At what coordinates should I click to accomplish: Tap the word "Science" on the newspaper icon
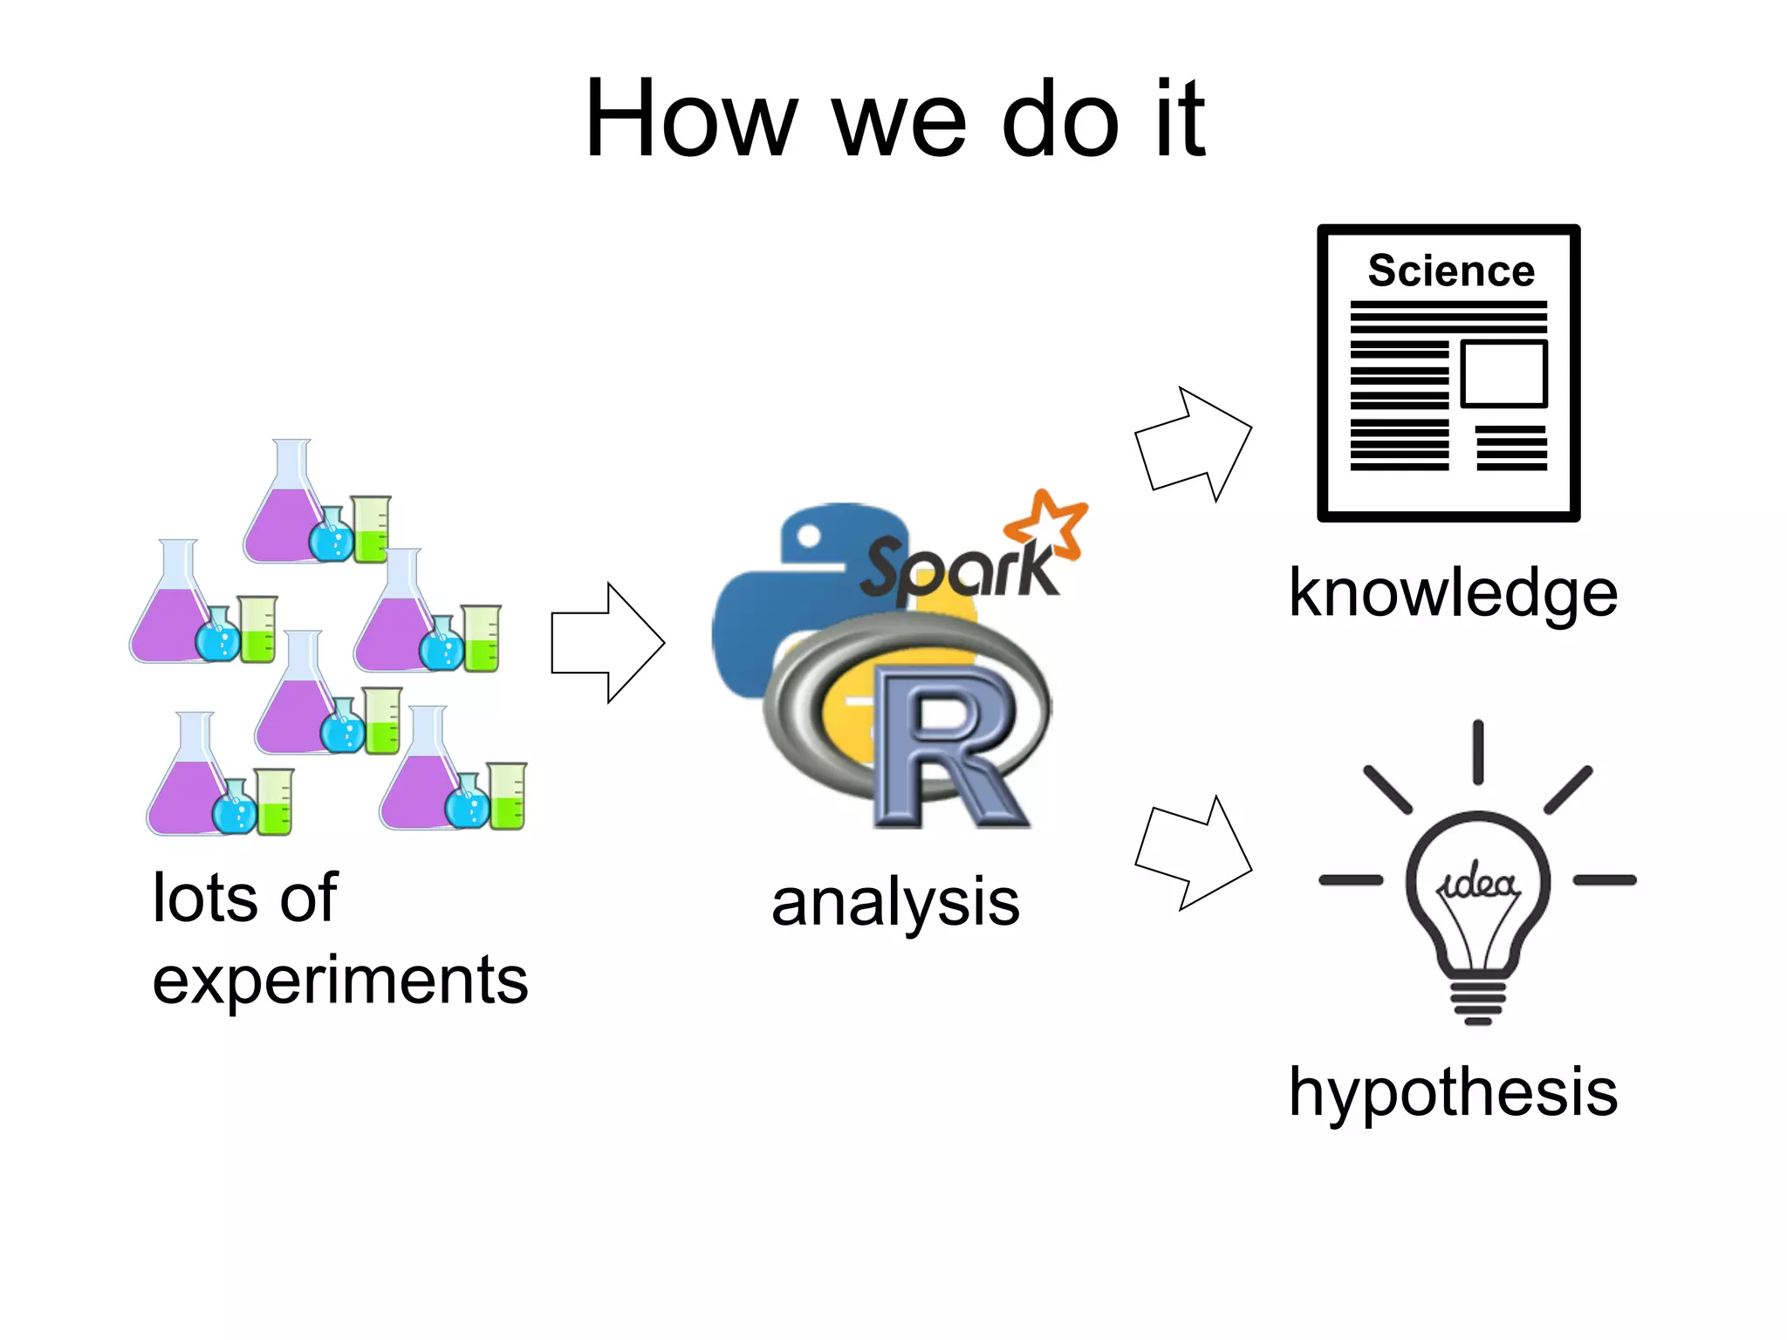coord(1450,270)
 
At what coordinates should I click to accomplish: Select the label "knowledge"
coord(1453,593)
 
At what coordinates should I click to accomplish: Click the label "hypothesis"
coord(1453,1092)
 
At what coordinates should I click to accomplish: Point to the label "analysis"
coord(895,902)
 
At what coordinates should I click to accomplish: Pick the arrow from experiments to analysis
coord(607,643)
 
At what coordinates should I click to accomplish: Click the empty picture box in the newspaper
coord(1503,374)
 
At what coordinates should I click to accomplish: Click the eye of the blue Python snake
coord(809,536)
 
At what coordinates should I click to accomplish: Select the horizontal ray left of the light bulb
coord(1351,880)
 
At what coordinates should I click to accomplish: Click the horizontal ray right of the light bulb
coord(1605,880)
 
